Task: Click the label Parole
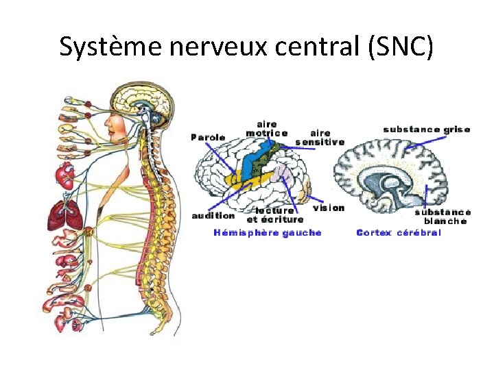tap(208, 137)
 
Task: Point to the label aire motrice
tap(266, 129)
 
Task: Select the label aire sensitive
tap(320, 138)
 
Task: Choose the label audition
tap(213, 215)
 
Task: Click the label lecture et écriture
tap(274, 215)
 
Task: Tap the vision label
tap(329, 208)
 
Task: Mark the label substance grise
tap(426, 129)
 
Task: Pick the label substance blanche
tap(443, 217)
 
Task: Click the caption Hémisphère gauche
tap(268, 233)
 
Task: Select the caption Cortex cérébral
tap(399, 233)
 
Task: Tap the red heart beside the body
tap(67, 177)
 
